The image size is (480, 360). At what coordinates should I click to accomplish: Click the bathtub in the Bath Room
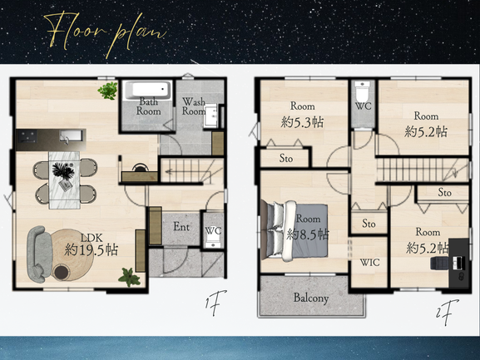coord(147,90)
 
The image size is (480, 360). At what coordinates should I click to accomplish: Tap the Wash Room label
coord(194,106)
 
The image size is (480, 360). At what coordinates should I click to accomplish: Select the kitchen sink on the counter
coord(72,136)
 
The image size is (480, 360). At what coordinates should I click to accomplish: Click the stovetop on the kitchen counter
coord(27,136)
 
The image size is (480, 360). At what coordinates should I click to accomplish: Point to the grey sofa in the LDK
coord(38,254)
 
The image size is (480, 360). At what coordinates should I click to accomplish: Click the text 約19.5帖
coord(92,250)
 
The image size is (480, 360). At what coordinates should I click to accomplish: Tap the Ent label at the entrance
coord(181,227)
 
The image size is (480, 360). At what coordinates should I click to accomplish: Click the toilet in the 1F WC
coord(213,244)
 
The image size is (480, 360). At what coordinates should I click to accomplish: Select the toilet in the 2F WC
coord(363,89)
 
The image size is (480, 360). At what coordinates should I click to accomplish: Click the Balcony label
coord(311,298)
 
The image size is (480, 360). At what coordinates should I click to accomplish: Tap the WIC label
coord(370,263)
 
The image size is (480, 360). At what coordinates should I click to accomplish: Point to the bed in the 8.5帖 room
coord(294,230)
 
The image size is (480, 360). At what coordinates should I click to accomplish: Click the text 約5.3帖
coord(302,122)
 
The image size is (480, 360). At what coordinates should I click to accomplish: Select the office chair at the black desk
coord(440,263)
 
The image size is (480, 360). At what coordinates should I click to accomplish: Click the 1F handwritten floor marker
coord(215,302)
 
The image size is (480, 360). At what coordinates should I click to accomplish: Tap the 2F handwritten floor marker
coord(448,312)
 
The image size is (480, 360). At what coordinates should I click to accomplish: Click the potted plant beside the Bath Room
coord(108,91)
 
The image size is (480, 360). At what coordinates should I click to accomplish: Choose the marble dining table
coord(64,180)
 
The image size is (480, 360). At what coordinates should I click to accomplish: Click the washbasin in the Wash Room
coord(211,116)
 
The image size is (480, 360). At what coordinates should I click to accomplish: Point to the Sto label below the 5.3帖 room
coord(286,158)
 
